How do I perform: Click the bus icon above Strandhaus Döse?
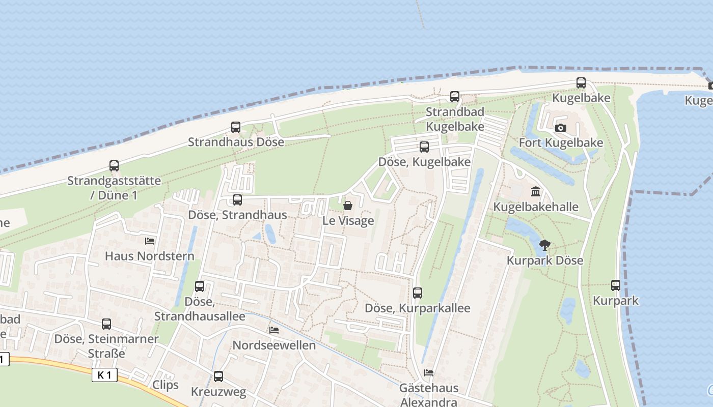click(x=235, y=127)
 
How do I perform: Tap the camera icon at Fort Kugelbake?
click(x=561, y=128)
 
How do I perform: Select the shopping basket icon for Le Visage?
click(x=348, y=206)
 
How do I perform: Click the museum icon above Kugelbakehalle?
click(x=536, y=192)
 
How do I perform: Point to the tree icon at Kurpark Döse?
click(x=544, y=245)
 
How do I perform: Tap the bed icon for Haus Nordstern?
click(x=150, y=241)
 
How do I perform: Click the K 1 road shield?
click(x=104, y=375)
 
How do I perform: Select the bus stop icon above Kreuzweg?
click(x=218, y=376)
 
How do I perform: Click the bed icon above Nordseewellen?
click(x=274, y=330)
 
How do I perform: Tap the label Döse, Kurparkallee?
click(x=418, y=308)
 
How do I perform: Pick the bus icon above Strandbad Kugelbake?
click(x=455, y=97)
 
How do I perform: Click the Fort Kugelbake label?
click(x=561, y=143)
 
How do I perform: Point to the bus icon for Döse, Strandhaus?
click(x=237, y=200)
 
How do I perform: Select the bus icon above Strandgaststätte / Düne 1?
click(x=114, y=166)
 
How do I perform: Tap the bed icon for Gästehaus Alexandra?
click(x=429, y=373)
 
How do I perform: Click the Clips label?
click(x=166, y=385)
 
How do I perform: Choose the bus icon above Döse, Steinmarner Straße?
click(x=106, y=324)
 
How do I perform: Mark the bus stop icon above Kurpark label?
click(x=616, y=285)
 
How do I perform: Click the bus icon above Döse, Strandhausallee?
click(x=200, y=286)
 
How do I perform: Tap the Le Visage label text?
click(x=348, y=221)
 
